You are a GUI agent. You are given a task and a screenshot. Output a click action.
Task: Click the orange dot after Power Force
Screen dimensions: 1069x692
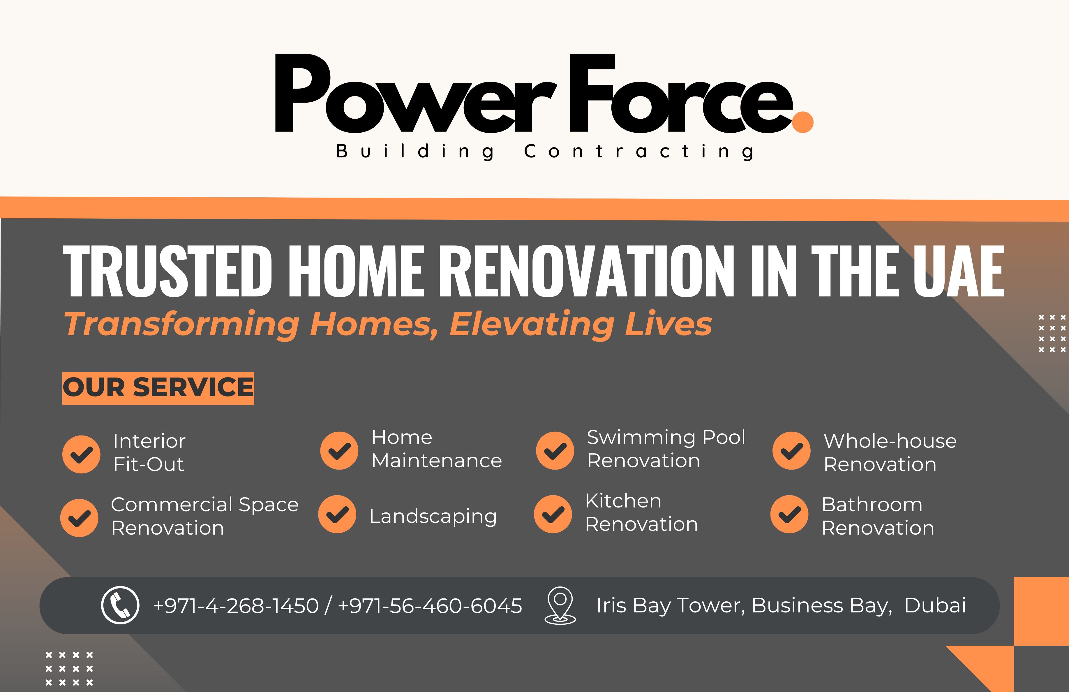tap(802, 122)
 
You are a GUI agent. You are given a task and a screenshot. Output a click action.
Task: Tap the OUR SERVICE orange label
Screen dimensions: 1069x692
tap(158, 388)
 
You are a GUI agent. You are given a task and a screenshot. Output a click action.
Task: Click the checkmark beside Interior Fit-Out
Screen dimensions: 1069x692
tap(81, 454)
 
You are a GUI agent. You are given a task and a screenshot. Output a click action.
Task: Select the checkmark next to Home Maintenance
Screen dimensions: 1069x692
tap(339, 450)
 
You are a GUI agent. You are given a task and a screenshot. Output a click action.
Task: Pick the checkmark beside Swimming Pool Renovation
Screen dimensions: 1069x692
tap(555, 450)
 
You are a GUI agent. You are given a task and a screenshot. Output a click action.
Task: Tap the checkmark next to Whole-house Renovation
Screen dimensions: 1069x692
tap(791, 450)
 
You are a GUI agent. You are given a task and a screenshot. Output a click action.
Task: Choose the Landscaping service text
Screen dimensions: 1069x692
tap(433, 516)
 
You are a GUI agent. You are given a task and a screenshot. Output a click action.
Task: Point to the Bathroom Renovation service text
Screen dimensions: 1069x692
tap(878, 516)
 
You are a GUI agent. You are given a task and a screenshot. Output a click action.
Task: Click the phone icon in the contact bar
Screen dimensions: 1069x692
tap(120, 605)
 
